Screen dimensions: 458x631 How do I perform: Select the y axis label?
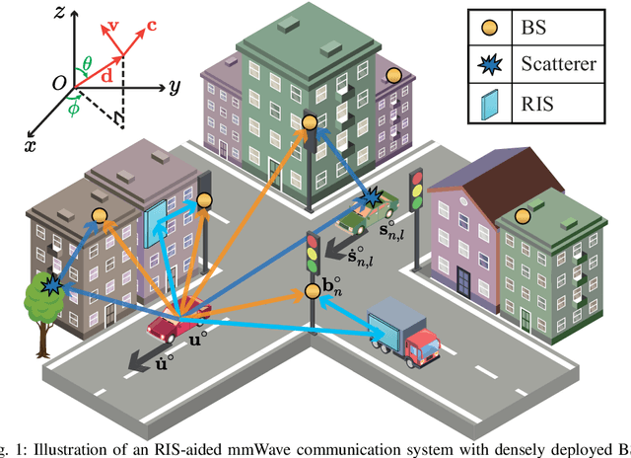tap(174, 87)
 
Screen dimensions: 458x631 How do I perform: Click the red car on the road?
tap(176, 323)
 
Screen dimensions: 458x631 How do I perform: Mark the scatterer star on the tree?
tap(48, 286)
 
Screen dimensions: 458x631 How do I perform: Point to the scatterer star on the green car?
tap(370, 200)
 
